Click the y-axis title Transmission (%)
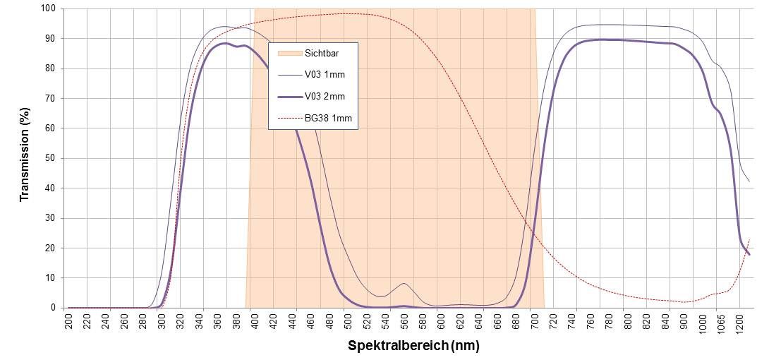tap(25, 155)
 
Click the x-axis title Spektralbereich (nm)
tap(414, 347)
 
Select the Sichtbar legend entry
tap(322, 53)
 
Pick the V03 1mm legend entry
tap(325, 74)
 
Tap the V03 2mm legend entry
tap(325, 96)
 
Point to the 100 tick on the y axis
tap(48, 9)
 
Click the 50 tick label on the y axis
tap(50, 158)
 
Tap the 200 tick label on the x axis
tap(68, 320)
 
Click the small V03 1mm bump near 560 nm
tap(404, 284)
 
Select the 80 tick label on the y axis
tap(50, 69)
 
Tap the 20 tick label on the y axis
tap(50, 248)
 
